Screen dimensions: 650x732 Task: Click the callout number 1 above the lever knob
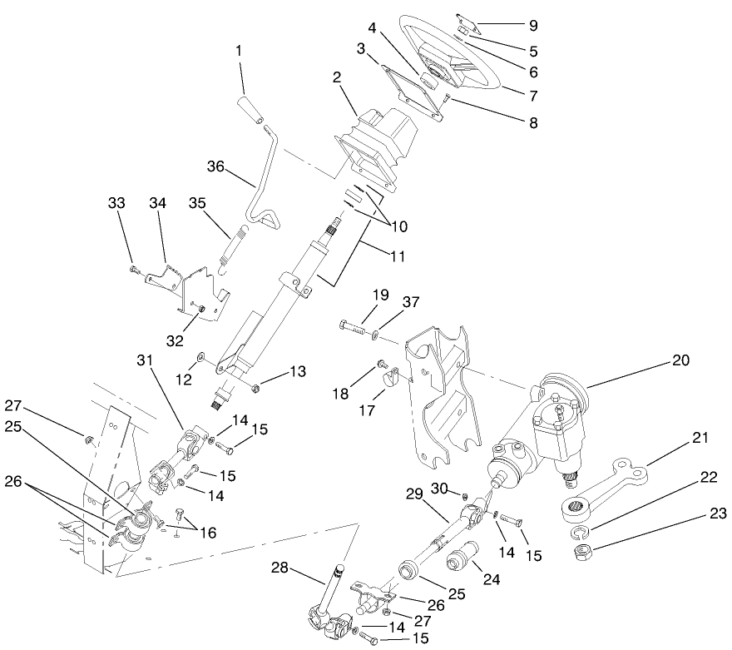click(x=240, y=52)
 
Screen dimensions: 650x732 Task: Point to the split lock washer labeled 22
click(x=580, y=531)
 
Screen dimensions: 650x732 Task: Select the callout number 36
click(x=217, y=166)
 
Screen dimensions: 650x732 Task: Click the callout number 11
click(x=396, y=256)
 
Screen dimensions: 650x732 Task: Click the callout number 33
click(x=116, y=202)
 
